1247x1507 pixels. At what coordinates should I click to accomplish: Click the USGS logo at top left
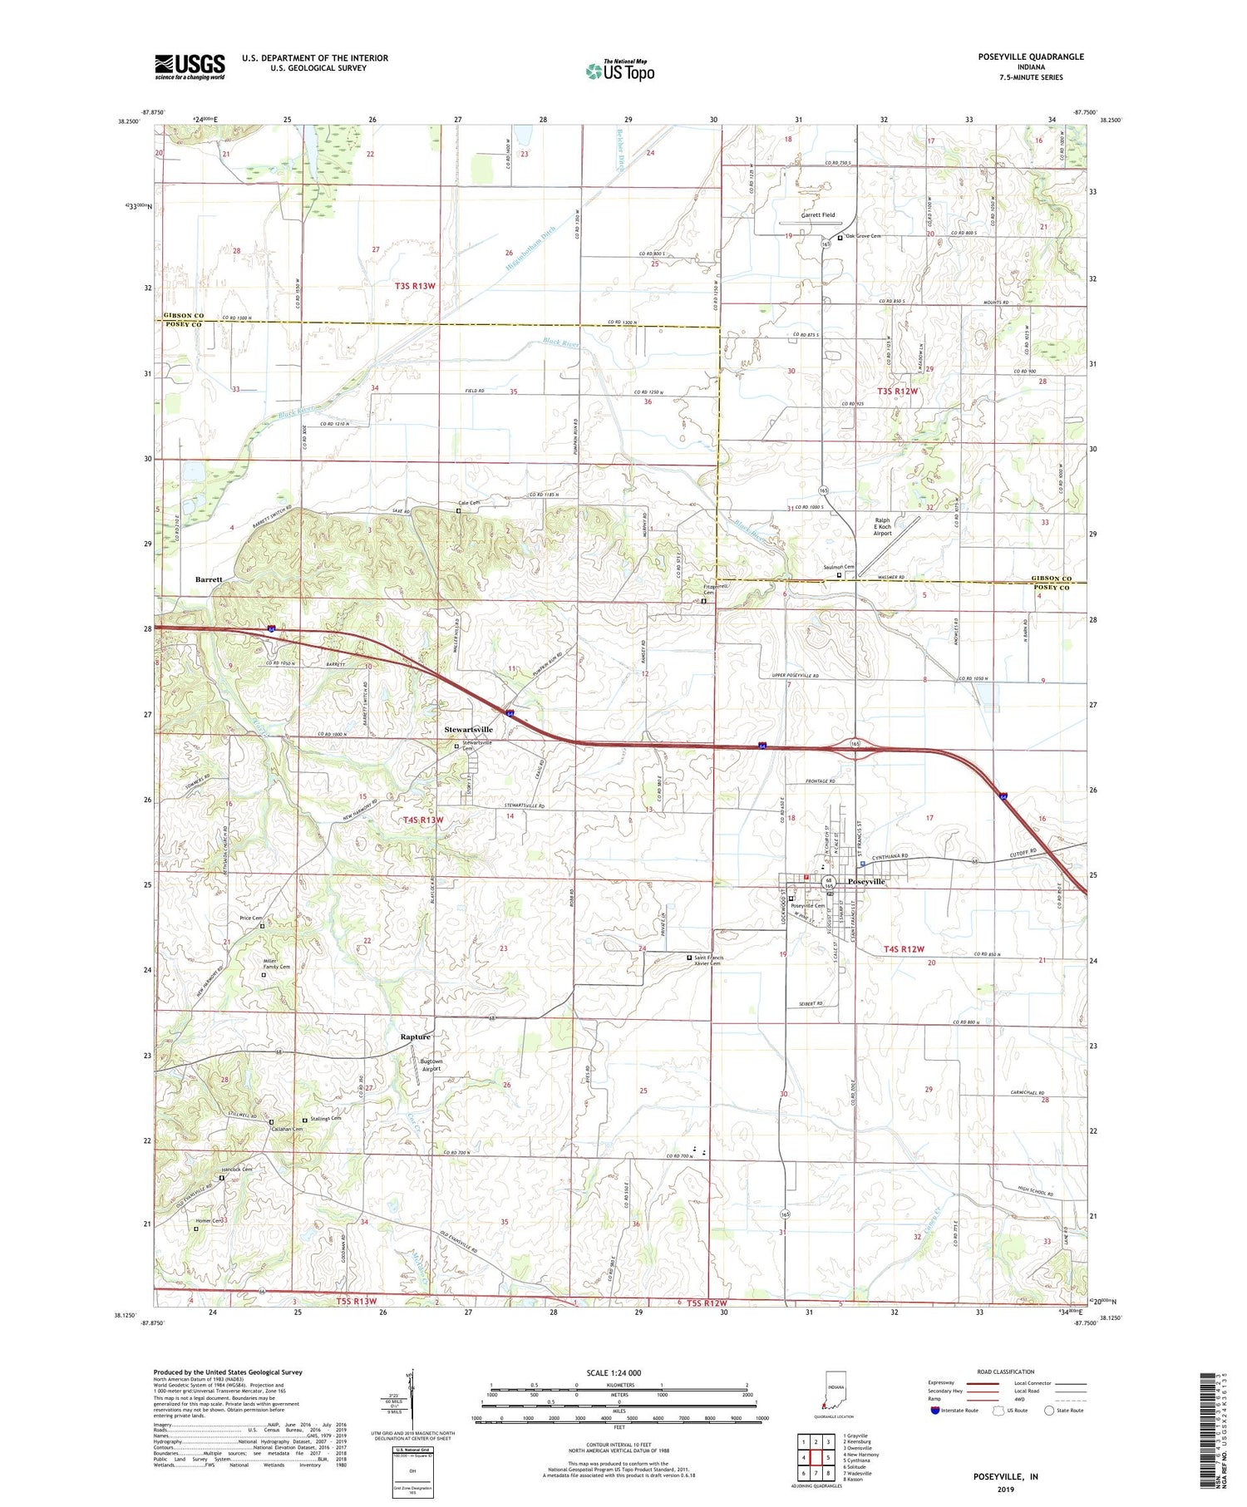click(190, 66)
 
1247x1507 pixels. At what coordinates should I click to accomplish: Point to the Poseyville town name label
click(865, 881)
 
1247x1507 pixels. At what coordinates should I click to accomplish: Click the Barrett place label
click(209, 579)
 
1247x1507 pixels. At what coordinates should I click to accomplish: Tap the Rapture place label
click(416, 1037)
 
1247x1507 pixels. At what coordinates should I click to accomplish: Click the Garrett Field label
click(818, 214)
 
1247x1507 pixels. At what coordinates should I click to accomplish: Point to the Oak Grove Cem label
click(863, 236)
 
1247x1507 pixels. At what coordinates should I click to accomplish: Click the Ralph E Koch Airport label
click(883, 528)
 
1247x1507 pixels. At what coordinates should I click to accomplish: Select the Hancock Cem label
click(236, 1169)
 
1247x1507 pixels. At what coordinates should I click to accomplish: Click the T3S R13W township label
click(415, 286)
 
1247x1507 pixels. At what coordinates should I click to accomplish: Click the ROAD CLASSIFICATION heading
click(1006, 1372)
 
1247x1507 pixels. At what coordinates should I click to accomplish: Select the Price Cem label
click(251, 918)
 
